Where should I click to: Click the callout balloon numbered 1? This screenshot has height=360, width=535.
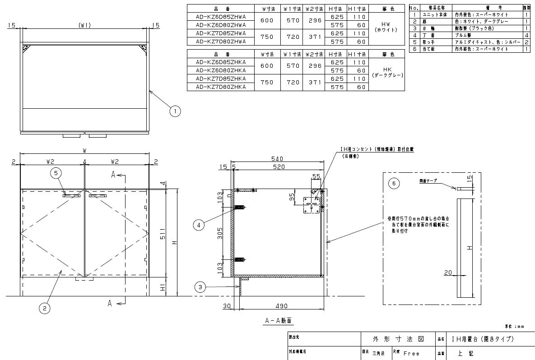[176, 110]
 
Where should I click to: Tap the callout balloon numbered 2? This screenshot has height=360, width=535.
[44, 308]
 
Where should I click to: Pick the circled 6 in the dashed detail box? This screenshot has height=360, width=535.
[394, 183]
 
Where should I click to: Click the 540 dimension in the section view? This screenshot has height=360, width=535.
[277, 158]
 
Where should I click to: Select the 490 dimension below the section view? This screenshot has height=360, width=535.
[282, 306]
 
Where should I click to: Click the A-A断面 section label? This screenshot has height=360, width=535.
[278, 321]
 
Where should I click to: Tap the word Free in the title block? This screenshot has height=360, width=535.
[411, 354]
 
